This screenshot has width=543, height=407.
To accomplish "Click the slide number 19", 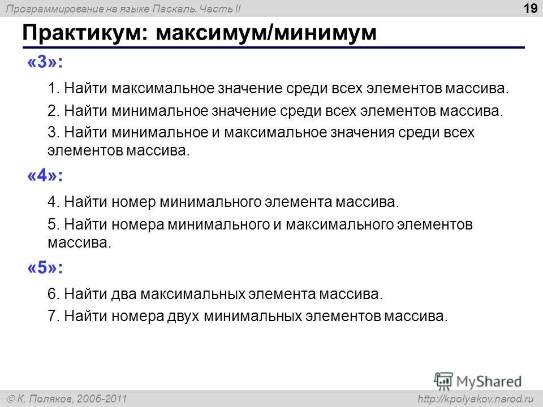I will [x=530, y=8].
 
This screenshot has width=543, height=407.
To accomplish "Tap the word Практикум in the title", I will [x=83, y=33].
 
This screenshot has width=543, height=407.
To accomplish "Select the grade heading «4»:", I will [x=45, y=176].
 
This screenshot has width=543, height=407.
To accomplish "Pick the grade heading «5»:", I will [x=45, y=269].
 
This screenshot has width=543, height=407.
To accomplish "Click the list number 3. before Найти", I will [x=54, y=132].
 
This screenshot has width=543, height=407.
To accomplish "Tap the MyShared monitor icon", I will [x=443, y=380].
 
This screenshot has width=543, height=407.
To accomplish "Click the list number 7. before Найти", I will [x=54, y=315].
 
